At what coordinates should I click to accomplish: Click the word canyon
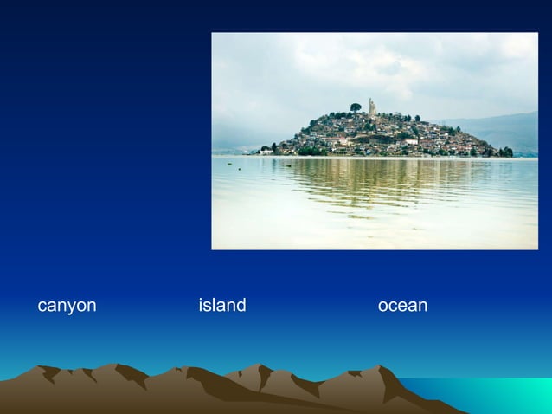pyautogui.click(x=67, y=307)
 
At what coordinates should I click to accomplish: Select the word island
pyautogui.click(x=222, y=306)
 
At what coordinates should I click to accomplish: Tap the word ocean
pyautogui.click(x=402, y=306)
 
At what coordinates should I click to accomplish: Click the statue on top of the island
pyautogui.click(x=372, y=107)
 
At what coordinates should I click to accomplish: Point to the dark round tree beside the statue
pyautogui.click(x=356, y=107)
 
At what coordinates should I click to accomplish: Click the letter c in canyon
pyautogui.click(x=42, y=307)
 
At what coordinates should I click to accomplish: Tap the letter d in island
pyautogui.click(x=240, y=306)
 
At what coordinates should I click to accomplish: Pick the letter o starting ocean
pyautogui.click(x=383, y=307)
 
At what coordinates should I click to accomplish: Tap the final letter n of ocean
pyautogui.click(x=421, y=307)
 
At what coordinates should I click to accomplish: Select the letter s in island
pyautogui.click(x=208, y=307)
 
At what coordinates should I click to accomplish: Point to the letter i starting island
pyautogui.click(x=201, y=306)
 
